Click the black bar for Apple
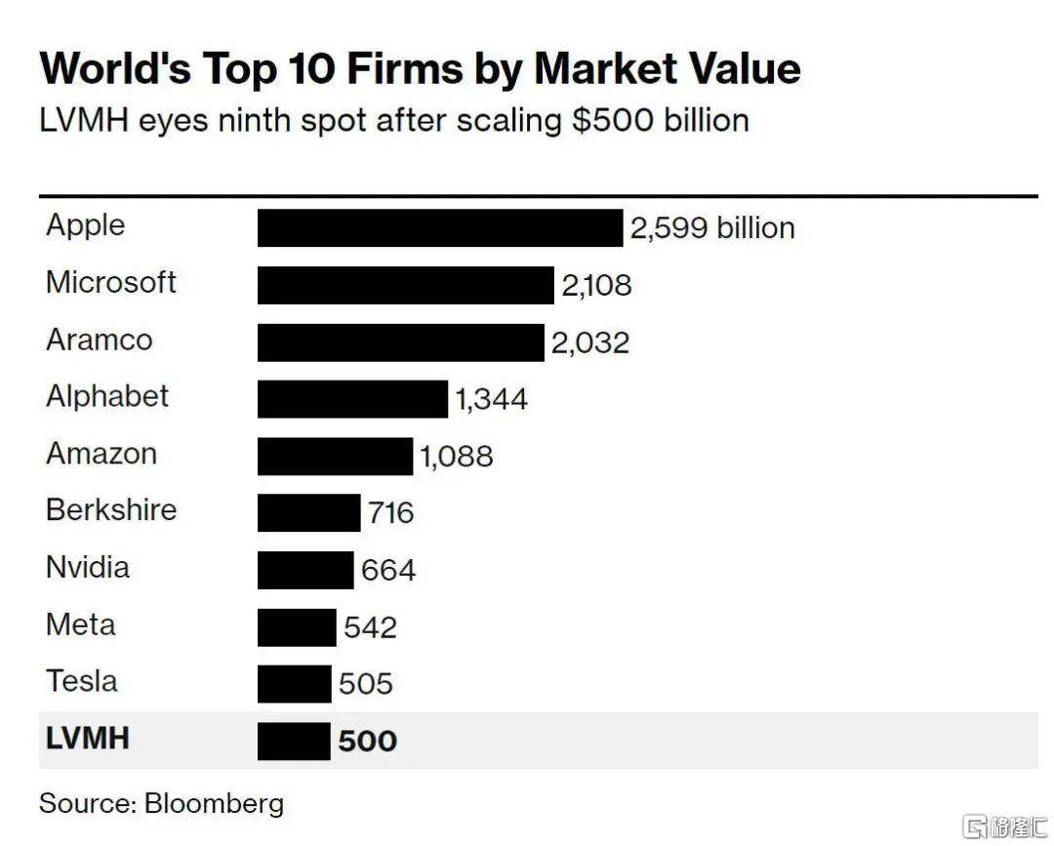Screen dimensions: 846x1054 [x=439, y=227]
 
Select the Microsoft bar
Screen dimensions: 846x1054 [x=405, y=285]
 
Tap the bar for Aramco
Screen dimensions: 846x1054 [x=400, y=342]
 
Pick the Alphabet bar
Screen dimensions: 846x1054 [x=352, y=399]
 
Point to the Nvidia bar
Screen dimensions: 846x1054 [x=305, y=570]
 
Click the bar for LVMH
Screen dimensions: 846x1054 [x=294, y=742]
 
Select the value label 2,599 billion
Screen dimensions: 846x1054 [x=711, y=228]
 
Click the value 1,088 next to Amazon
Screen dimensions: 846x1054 [x=457, y=456]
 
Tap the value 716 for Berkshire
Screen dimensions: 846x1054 [x=390, y=512]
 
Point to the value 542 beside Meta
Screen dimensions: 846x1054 [x=370, y=626]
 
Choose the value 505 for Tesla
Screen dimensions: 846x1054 [x=366, y=683]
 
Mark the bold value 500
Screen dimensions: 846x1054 [x=368, y=742]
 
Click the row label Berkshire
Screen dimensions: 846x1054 [x=111, y=509]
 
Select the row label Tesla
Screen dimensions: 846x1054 [x=82, y=680]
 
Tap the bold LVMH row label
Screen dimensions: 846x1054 [x=88, y=738]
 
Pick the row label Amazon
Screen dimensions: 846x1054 [x=101, y=453]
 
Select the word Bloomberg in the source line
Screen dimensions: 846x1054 [x=215, y=803]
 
